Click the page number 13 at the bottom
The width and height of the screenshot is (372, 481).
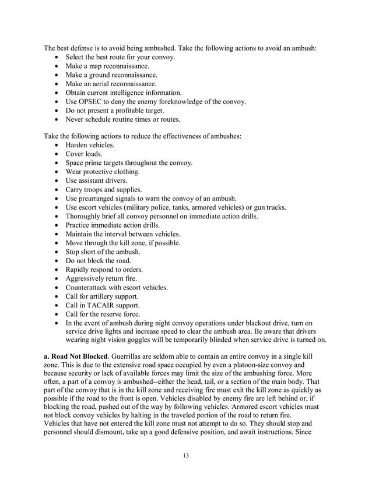186,455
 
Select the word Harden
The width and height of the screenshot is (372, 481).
78,144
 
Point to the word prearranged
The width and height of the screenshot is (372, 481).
101,198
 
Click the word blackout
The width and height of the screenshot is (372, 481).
249,323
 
